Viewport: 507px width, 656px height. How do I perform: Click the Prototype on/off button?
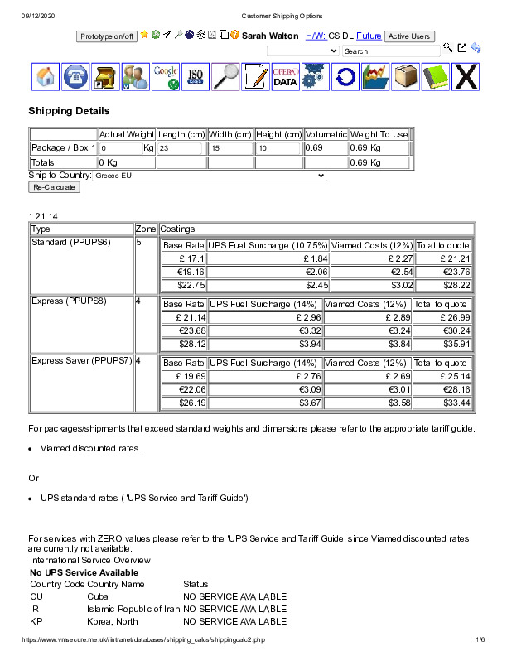tap(106, 36)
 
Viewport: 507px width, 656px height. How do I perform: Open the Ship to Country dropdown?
tap(210, 176)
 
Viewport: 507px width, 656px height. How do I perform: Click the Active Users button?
tap(409, 36)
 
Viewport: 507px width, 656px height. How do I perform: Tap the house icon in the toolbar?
tap(46, 77)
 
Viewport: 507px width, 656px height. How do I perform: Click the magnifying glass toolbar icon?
tap(225, 77)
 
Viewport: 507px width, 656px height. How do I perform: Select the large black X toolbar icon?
tap(466, 77)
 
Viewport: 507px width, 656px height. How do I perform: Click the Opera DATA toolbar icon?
tap(285, 77)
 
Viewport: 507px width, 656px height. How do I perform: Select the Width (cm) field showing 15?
tap(230, 148)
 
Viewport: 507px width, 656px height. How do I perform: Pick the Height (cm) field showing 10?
tap(278, 148)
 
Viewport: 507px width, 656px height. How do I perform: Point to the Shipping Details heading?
tap(69, 111)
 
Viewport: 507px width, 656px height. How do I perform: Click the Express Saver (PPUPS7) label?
tap(81, 361)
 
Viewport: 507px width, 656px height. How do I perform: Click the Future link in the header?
tap(369, 36)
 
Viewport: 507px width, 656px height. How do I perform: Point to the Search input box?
tap(391, 51)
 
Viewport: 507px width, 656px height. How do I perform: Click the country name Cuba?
tap(98, 596)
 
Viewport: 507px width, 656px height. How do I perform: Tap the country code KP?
tap(36, 620)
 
